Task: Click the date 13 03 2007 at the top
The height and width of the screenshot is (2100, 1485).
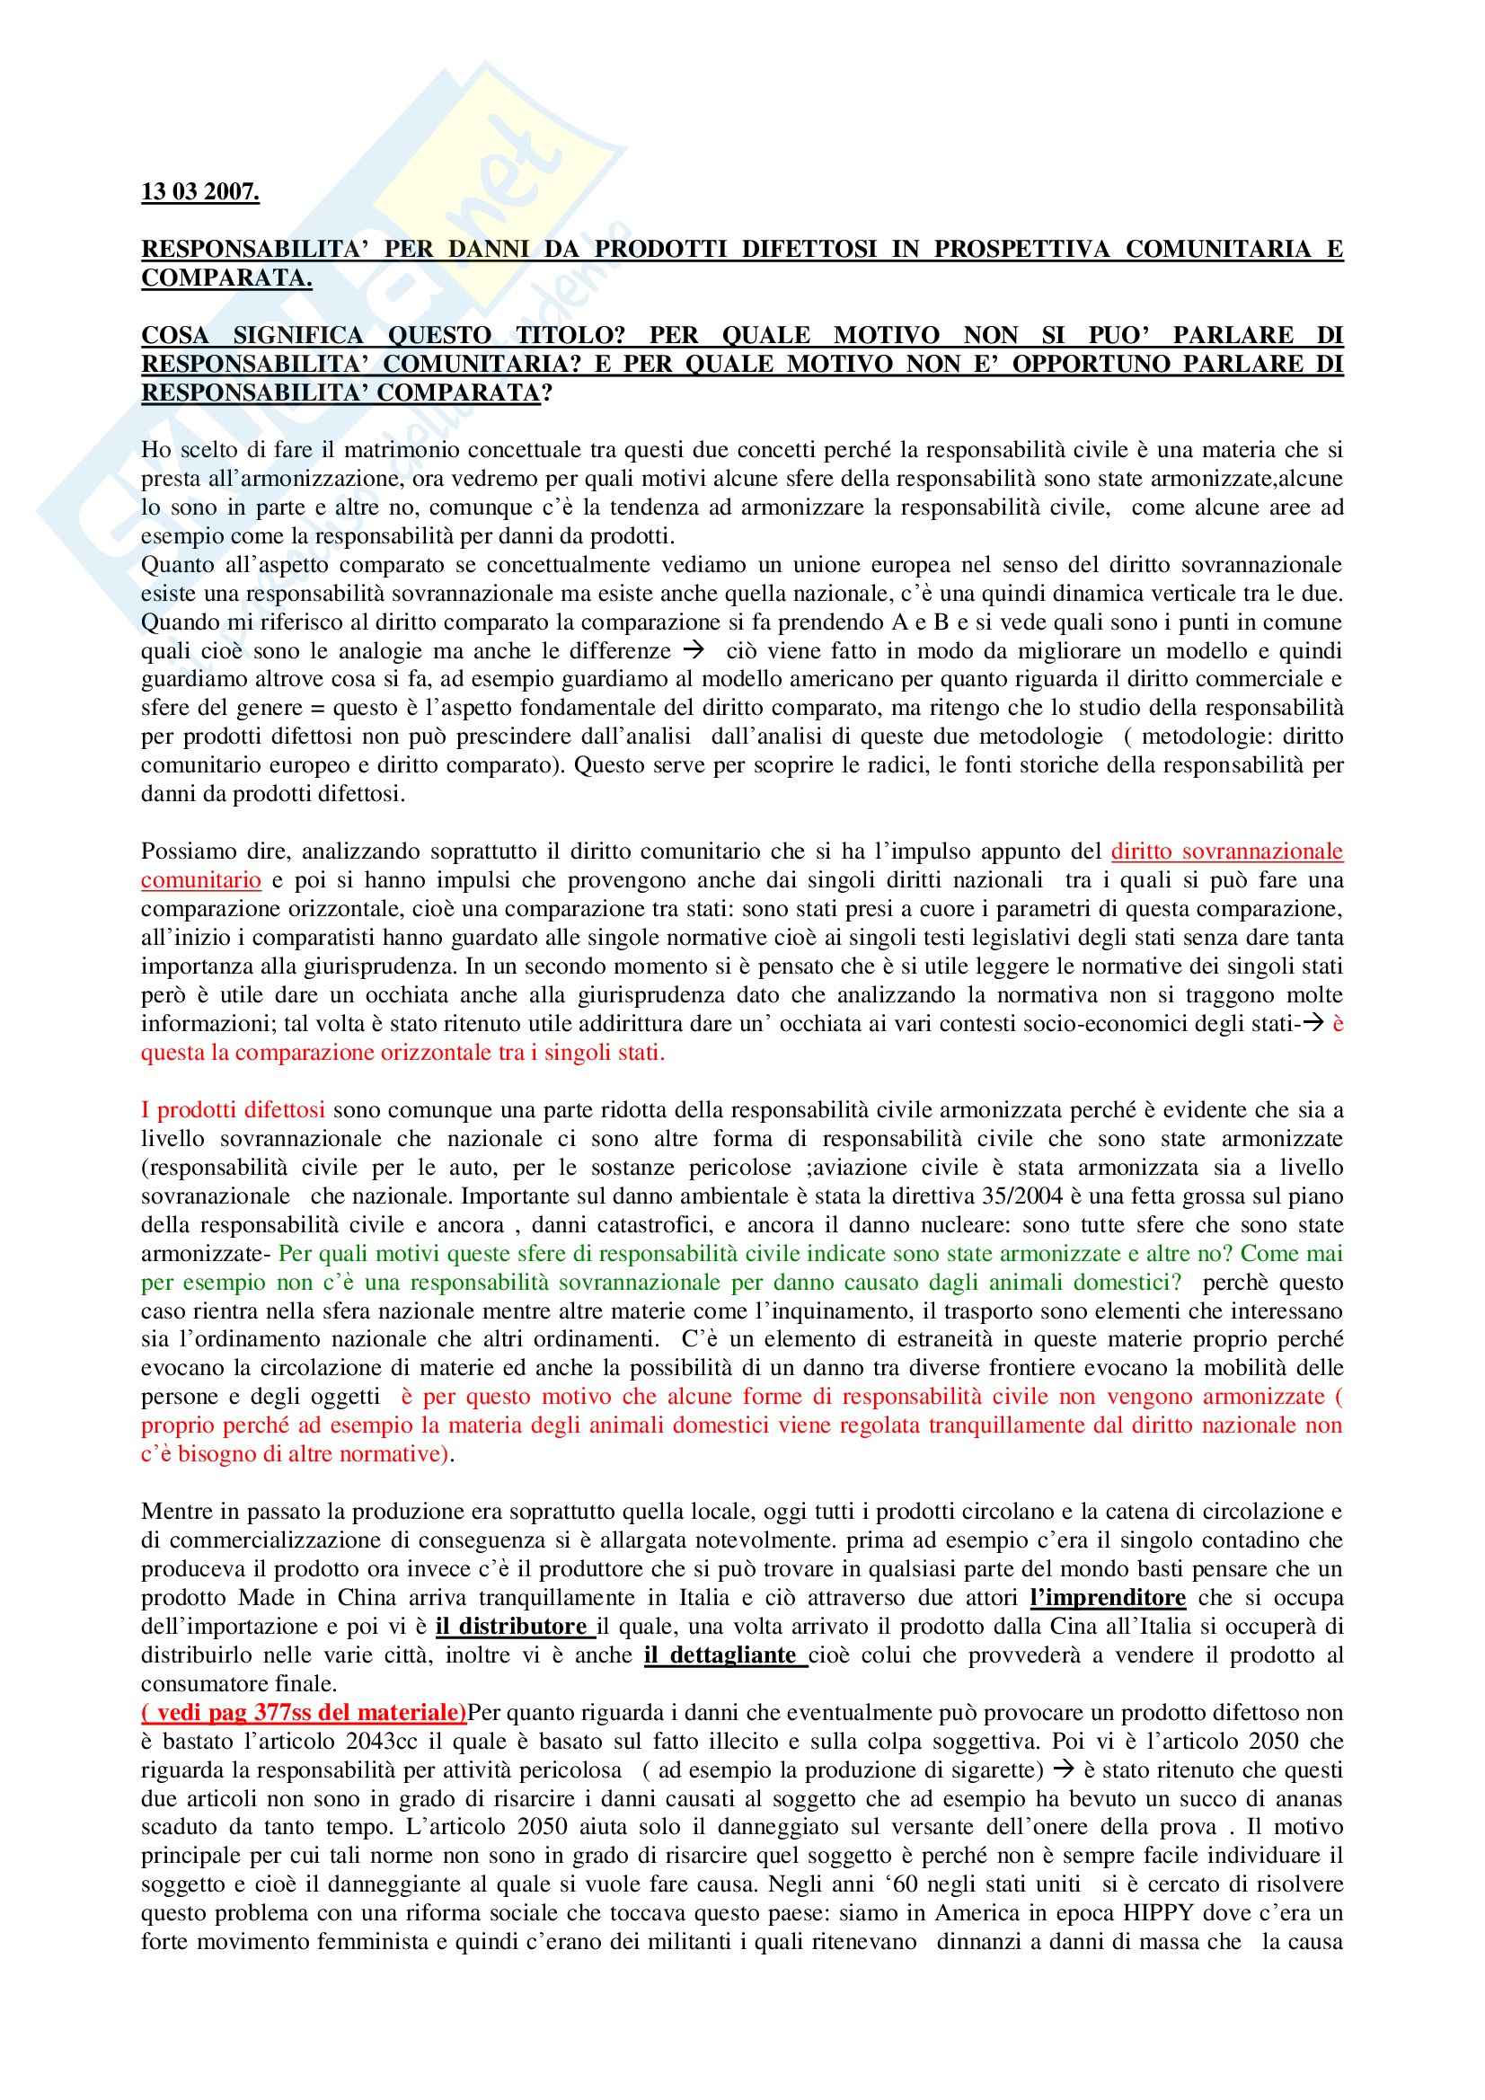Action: (199, 193)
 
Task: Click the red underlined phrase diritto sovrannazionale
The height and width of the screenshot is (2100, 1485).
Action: (1226, 851)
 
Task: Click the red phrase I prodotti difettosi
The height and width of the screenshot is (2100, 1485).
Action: (233, 1110)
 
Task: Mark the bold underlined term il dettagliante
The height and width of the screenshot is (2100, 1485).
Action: (725, 1655)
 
